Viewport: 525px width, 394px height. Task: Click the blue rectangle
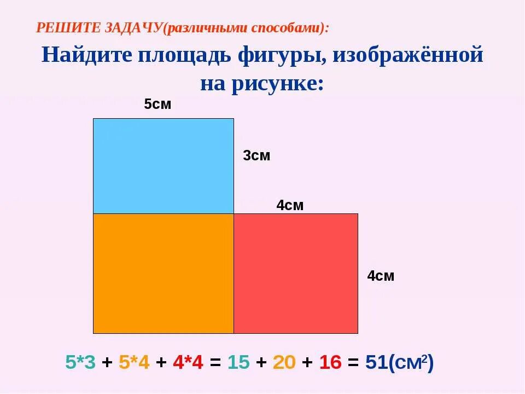163,165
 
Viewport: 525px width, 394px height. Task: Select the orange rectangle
163,273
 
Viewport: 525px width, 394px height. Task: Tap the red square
296,273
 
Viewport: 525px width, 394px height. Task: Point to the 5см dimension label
157,105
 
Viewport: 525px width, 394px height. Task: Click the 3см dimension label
256,156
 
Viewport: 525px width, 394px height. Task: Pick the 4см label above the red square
289,206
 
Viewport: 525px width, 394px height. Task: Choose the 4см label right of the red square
381,276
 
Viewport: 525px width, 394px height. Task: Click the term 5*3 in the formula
80,362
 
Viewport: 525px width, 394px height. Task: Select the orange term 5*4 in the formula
134,362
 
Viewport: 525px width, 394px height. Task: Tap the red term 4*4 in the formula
188,362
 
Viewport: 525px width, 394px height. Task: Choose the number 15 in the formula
238,362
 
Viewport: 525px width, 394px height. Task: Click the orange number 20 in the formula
284,362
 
